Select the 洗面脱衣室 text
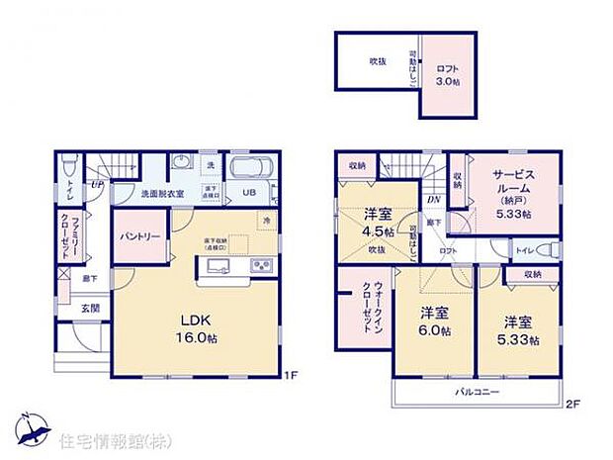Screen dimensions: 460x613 [x=139, y=193]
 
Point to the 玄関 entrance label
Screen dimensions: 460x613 [x=91, y=309]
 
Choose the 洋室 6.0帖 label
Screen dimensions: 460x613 [x=432, y=322]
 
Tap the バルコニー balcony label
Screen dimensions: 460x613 [x=477, y=393]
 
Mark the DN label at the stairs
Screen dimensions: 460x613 [x=433, y=200]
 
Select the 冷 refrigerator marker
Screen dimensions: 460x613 [x=266, y=220]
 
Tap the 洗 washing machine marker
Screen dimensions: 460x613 [x=210, y=164]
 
